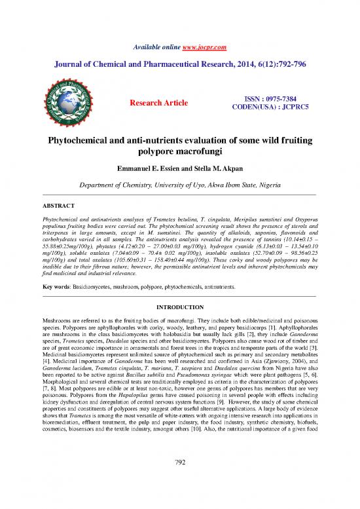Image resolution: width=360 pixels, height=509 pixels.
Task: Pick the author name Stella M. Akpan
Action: coord(215,171)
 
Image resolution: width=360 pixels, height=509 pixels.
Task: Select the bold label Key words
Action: coord(57,288)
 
